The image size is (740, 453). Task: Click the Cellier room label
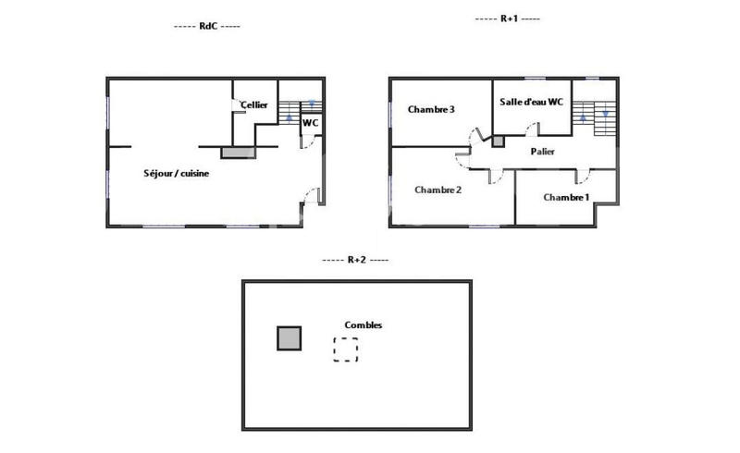254,105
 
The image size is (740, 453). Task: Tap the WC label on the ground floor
311,122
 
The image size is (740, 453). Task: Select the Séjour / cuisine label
176,173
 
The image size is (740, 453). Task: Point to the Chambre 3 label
431,109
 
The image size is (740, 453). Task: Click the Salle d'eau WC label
531,102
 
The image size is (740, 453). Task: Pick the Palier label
543,151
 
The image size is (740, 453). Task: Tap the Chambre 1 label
566,197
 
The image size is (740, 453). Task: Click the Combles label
363,324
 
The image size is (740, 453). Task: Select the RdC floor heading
207,27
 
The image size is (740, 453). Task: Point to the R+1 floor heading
507,18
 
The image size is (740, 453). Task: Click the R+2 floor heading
355,260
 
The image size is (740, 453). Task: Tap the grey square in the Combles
290,338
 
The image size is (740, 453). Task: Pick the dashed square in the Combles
346,349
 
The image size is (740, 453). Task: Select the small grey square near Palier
498,141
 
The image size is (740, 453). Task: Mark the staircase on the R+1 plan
594,117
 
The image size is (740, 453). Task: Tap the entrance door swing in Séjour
313,196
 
